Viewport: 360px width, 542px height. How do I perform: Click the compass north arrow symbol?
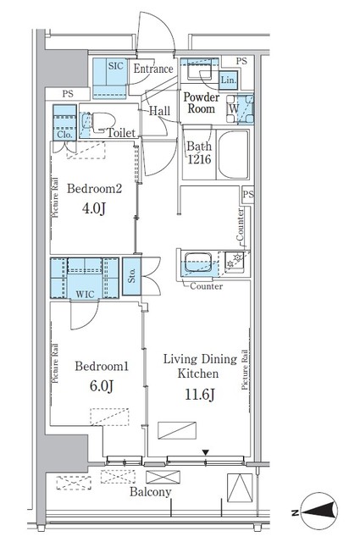click(318, 510)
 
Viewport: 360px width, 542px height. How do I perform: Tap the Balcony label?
click(151, 492)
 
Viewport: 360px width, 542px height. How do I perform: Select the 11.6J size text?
click(200, 395)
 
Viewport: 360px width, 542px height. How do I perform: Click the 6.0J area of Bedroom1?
click(102, 386)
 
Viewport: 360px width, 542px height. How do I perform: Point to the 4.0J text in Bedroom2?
click(93, 208)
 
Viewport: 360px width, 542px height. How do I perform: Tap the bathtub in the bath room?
click(233, 154)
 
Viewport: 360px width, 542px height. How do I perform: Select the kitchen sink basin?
click(198, 263)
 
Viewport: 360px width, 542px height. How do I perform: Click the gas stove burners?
click(235, 261)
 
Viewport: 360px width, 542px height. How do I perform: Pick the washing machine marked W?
click(241, 108)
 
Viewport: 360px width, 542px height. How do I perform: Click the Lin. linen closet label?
click(228, 80)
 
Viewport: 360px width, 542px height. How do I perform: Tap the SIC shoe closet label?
click(115, 66)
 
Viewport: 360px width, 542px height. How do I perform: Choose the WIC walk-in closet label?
click(85, 295)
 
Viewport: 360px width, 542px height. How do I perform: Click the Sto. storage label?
click(131, 276)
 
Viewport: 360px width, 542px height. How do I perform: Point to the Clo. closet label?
click(64, 134)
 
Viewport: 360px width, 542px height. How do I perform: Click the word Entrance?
click(153, 69)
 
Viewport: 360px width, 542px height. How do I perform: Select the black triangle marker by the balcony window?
click(206, 452)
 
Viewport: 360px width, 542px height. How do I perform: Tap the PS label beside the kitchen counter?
click(248, 194)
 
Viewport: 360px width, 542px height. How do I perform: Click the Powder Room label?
click(202, 103)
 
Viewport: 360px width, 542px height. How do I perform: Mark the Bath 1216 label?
click(199, 152)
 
